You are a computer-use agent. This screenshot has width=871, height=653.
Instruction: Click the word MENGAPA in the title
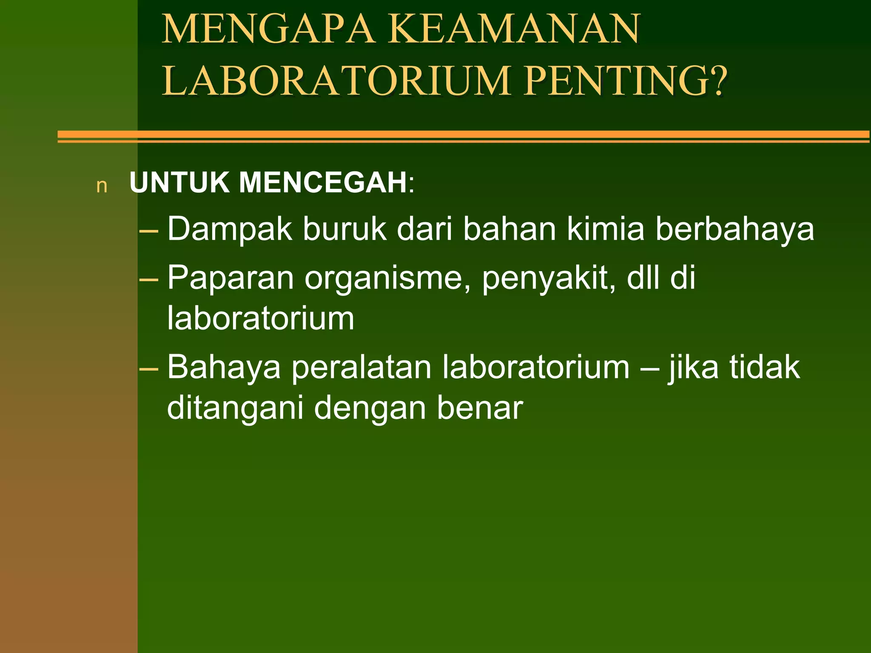pyautogui.click(x=268, y=29)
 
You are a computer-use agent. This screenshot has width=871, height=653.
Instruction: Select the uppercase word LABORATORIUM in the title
pyautogui.click(x=336, y=80)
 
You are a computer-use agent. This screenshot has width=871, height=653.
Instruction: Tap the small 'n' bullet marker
pyautogui.click(x=102, y=186)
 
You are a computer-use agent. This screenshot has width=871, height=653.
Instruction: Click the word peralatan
pyautogui.click(x=362, y=368)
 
